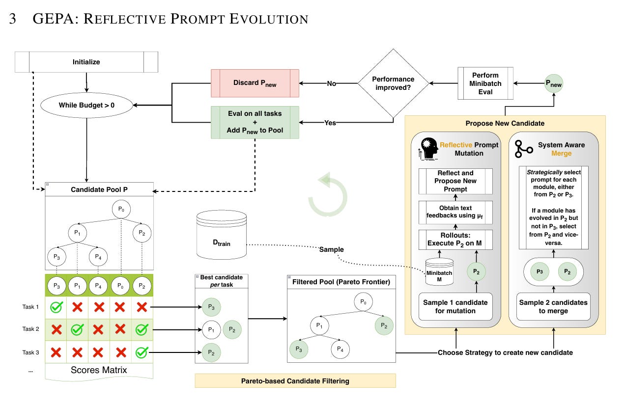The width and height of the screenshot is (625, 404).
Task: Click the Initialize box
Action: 86,62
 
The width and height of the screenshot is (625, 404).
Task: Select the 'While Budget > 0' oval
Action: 86,105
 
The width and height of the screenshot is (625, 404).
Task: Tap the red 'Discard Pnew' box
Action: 255,83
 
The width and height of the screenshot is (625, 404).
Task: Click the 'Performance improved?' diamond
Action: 393,83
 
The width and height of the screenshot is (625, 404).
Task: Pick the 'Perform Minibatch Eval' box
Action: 485,83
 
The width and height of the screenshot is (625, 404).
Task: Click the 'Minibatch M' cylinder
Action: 439,272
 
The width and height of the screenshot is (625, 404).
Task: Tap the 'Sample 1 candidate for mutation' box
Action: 455,306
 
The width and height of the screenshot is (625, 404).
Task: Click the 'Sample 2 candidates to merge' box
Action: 553,306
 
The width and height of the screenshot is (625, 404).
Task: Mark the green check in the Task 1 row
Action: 57,307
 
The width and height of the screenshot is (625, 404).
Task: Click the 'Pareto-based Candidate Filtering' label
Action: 295,380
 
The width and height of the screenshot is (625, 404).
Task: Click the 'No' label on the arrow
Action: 332,83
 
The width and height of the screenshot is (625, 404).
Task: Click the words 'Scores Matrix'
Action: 99,370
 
